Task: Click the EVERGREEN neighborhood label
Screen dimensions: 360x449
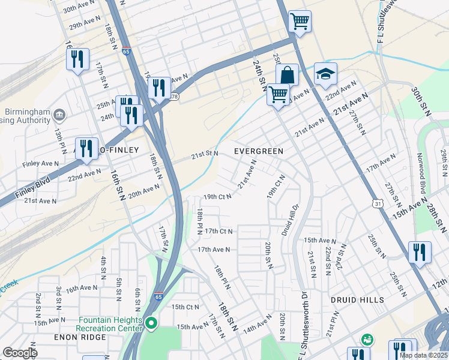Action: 259,151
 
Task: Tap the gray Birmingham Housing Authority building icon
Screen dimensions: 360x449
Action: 59,114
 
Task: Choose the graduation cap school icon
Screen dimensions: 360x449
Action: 325,74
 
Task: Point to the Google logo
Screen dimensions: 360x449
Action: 20,353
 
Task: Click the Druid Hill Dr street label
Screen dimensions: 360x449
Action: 291,218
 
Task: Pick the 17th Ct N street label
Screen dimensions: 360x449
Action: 218,231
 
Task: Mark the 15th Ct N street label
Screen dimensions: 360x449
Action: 185,307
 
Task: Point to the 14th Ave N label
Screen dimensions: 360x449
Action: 258,327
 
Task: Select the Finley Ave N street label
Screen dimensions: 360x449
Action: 40,163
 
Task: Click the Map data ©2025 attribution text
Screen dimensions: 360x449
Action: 423,355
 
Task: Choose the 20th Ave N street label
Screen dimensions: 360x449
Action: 143,190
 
